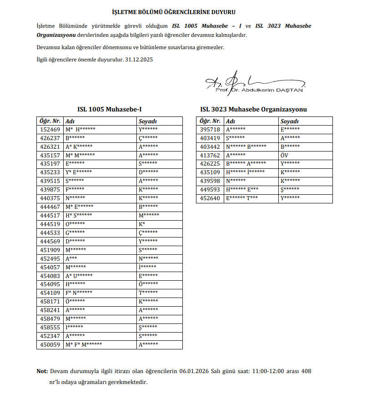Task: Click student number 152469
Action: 50,129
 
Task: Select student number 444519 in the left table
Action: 50,224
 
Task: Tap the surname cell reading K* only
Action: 142,224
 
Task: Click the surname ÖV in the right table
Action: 285,155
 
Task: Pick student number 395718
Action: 210,129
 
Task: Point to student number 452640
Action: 210,198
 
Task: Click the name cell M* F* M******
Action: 84,345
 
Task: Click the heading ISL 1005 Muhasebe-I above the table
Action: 110,109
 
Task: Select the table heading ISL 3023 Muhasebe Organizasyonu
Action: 253,109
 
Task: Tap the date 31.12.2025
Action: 139,59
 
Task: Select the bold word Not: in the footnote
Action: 42,371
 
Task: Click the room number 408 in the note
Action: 306,371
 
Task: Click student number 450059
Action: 50,345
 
